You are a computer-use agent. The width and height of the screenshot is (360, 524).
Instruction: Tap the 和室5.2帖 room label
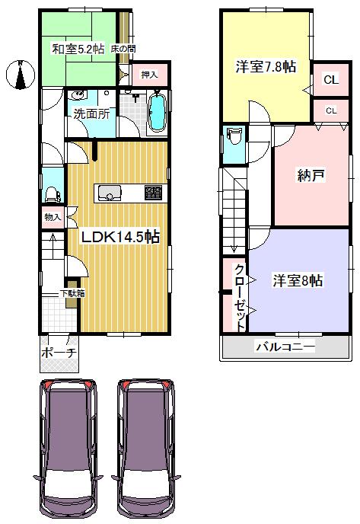click(78, 49)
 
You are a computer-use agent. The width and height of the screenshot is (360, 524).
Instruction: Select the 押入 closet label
click(149, 75)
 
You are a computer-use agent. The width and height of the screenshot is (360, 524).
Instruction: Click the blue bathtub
click(158, 113)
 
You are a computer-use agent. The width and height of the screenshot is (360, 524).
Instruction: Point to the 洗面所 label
click(91, 115)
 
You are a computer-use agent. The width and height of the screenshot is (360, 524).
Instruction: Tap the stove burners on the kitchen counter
click(153, 193)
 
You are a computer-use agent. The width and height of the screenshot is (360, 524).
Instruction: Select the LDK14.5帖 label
click(120, 237)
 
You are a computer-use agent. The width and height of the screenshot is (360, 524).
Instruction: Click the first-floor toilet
click(52, 196)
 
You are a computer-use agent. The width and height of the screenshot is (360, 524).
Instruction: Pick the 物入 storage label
click(53, 217)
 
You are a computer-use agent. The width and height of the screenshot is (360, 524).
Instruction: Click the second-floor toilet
click(233, 139)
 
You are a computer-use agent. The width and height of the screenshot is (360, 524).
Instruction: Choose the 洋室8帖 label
click(298, 281)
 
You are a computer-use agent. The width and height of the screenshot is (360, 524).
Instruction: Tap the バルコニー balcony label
click(284, 347)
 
